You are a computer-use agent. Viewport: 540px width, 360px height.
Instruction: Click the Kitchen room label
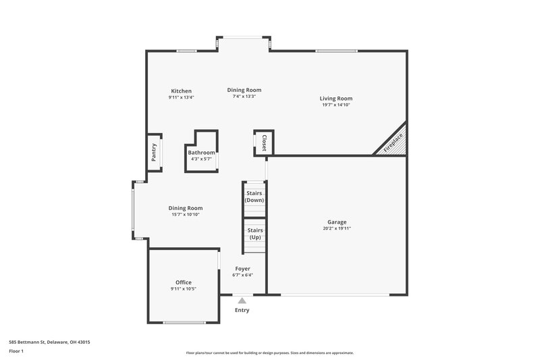coord(181,91)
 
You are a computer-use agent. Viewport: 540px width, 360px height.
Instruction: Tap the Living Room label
coord(335,99)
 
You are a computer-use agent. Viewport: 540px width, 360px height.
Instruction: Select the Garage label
coord(337,222)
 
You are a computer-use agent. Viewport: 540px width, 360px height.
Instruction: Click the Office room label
coord(184,282)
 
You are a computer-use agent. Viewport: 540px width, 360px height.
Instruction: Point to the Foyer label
coord(242,269)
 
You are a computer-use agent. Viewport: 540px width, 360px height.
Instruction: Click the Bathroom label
coord(201,153)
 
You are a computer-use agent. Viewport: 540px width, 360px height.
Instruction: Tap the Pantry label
coord(154,152)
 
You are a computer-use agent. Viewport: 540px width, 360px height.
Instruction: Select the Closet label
coord(264,143)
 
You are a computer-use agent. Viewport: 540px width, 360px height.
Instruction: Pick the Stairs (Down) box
coord(254,197)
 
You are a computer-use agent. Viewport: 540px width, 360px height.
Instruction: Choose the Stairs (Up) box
coord(255,234)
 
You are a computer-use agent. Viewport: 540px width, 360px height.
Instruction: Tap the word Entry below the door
coord(242,311)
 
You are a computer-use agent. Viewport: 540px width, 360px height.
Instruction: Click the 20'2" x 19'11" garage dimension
coord(337,229)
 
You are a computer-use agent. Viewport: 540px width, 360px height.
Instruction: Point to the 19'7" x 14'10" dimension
coord(335,105)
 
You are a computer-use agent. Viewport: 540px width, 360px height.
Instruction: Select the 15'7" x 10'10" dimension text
coord(186,215)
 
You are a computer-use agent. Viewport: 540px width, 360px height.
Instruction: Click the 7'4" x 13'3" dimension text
coord(244,97)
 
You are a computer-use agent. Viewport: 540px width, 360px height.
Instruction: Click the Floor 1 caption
coord(16,352)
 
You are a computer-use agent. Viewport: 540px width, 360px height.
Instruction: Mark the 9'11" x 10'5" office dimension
coord(184,289)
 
